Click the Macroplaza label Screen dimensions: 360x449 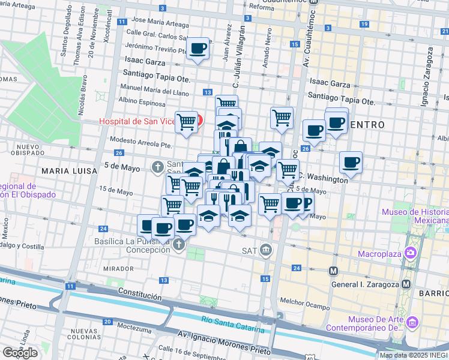pyautogui.click(x=379, y=253)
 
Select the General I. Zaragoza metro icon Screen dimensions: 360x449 pyautogui.click(x=406, y=284)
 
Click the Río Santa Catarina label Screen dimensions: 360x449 pyautogui.click(x=232, y=324)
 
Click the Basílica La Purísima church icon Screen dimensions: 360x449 pyautogui.click(x=178, y=244)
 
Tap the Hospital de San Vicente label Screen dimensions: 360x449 pyautogui.click(x=137, y=121)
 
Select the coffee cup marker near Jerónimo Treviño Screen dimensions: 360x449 pyautogui.click(x=197, y=49)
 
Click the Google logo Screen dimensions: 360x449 pyautogui.click(x=20, y=352)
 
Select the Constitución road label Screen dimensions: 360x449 pyautogui.click(x=140, y=296)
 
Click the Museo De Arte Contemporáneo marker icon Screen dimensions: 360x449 pyautogui.click(x=412, y=323)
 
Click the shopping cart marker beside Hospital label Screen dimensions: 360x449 pyautogui.click(x=187, y=122)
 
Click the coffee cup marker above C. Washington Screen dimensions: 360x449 pyautogui.click(x=351, y=161)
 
